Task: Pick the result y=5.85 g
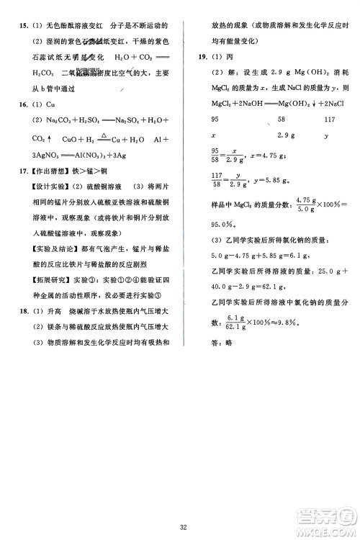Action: (272, 181)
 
